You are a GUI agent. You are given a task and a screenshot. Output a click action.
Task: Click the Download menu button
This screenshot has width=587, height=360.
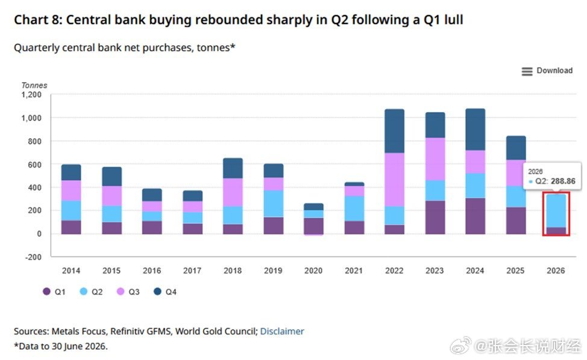pos(547,71)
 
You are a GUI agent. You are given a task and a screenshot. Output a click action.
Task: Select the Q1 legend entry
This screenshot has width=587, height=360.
pos(54,292)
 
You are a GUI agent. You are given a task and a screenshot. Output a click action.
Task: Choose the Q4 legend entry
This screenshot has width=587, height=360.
pos(165,292)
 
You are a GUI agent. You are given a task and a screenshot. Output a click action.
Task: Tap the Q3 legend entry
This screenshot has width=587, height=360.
pos(128,292)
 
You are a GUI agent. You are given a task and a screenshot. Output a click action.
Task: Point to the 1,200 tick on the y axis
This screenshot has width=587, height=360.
pos(31,95)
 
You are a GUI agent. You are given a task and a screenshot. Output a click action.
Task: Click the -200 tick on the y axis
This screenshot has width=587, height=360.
pos(33,257)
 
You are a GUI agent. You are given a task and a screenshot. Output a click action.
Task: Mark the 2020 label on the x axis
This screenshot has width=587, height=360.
pos(313,271)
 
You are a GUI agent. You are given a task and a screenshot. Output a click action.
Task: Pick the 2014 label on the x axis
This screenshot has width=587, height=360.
pos(71,271)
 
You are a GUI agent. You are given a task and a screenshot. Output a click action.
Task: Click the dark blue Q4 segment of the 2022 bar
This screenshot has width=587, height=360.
pos(394,131)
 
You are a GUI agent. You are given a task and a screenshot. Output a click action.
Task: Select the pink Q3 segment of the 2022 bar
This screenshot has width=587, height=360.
pos(394,180)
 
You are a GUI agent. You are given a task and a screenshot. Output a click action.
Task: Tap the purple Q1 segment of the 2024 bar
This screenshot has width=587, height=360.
pos(475,216)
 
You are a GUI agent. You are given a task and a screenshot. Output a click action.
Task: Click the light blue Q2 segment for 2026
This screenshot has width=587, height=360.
pos(556,210)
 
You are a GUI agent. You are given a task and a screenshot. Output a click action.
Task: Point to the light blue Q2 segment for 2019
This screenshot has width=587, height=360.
pos(273,204)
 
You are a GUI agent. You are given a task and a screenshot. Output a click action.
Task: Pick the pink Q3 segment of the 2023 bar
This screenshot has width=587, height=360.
pos(435,159)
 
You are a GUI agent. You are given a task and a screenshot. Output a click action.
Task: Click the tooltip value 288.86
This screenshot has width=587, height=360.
pos(563,182)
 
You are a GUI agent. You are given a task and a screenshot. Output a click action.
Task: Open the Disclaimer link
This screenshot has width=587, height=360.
pos(282,332)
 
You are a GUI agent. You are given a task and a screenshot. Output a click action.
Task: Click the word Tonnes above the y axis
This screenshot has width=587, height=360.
pos(34,86)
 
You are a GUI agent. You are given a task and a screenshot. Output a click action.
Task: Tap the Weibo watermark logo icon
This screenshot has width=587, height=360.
pos(461,345)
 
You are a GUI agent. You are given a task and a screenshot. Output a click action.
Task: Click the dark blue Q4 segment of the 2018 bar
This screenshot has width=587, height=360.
pos(233,168)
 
